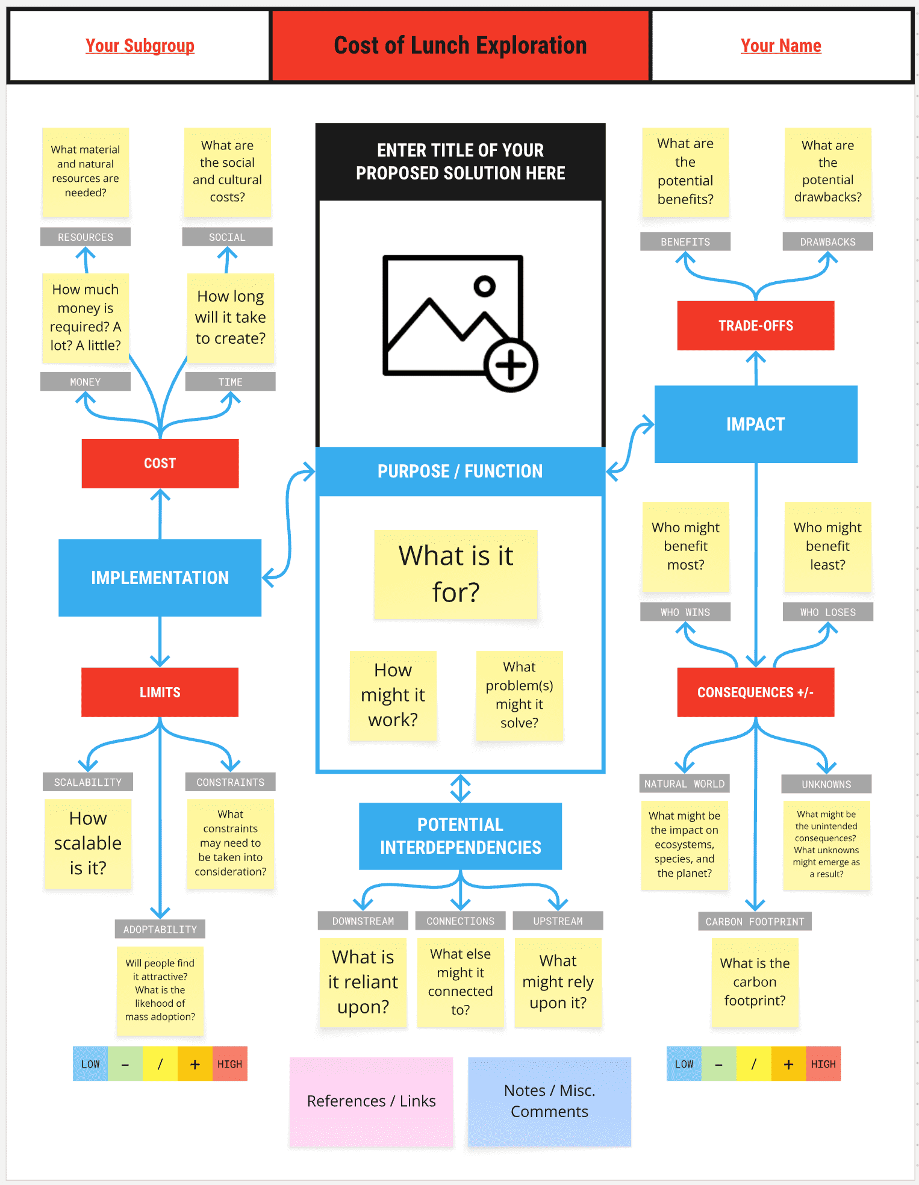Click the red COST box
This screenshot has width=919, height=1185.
(x=160, y=463)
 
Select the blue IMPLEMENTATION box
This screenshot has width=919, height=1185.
(x=160, y=577)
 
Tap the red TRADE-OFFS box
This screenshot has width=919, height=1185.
(x=755, y=326)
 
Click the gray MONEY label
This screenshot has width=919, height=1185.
(x=86, y=382)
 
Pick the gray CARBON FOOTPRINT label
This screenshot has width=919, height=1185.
(x=755, y=921)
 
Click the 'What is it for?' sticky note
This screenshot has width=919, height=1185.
(x=455, y=574)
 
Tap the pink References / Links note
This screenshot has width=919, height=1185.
(x=371, y=1101)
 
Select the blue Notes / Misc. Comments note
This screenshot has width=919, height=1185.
(x=549, y=1101)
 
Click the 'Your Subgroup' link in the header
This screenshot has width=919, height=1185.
(x=140, y=46)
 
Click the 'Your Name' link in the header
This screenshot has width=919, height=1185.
(x=780, y=46)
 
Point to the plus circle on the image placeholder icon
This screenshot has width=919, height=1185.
(x=511, y=365)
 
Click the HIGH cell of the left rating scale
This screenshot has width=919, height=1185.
(x=229, y=1064)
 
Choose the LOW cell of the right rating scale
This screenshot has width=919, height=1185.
(x=684, y=1064)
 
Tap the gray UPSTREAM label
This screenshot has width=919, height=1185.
(x=558, y=921)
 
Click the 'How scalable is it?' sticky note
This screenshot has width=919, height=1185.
(x=88, y=843)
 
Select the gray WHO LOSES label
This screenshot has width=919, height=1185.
(x=827, y=612)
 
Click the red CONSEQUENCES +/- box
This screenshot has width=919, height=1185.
(x=755, y=692)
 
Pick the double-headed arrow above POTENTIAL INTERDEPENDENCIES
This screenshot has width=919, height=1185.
(x=461, y=788)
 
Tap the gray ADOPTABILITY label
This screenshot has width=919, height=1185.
(x=160, y=929)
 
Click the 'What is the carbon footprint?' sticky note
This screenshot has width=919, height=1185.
(x=755, y=981)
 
